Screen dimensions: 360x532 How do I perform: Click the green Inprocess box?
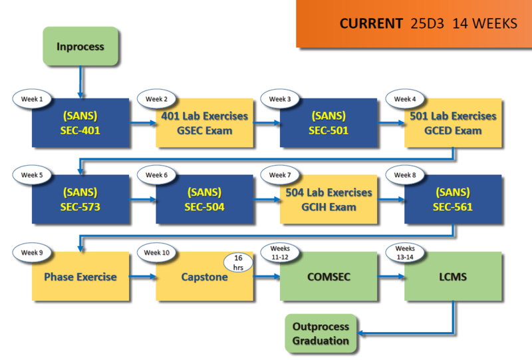[x=80, y=47]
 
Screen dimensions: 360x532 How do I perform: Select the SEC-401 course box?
[x=80, y=123]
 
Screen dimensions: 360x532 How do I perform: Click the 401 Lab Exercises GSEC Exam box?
[x=204, y=123]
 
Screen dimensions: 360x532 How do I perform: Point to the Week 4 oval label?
[x=405, y=99]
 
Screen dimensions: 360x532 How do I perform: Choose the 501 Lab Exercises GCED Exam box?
[x=453, y=123]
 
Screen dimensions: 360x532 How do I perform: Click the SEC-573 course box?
[x=80, y=200]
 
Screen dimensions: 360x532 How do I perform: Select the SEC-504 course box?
[x=204, y=200]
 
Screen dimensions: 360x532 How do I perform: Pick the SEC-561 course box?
[x=453, y=200]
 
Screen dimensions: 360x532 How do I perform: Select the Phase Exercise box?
[x=80, y=276]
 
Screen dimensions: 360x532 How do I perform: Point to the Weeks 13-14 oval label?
[x=405, y=252]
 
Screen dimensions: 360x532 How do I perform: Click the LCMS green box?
[x=453, y=276]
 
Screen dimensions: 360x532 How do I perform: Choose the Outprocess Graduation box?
[x=321, y=334]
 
